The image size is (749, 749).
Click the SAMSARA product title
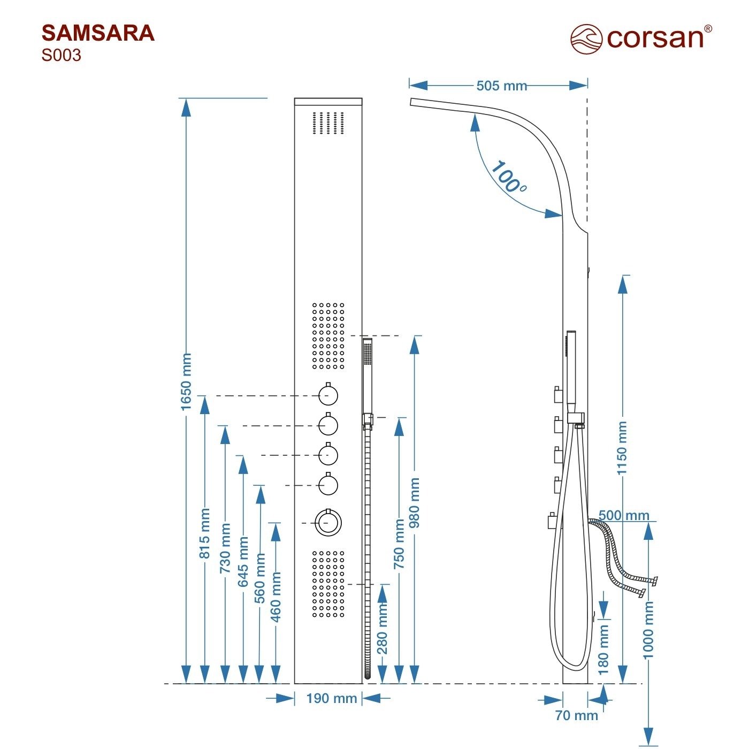click(x=98, y=33)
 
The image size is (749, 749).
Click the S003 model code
click(x=62, y=56)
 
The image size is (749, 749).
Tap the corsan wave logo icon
click(x=586, y=39)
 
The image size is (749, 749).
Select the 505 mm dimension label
click(x=501, y=86)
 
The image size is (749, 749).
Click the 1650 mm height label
click(x=186, y=381)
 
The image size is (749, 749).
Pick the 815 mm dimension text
click(x=204, y=533)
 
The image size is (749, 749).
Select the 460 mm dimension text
click(x=276, y=596)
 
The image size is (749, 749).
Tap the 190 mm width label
click(x=332, y=698)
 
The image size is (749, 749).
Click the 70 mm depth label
click(x=576, y=715)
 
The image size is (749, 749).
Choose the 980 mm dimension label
click(x=414, y=503)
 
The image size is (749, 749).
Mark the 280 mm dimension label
click(x=382, y=629)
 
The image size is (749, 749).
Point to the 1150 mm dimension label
click(x=622, y=448)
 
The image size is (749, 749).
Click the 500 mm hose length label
click(x=624, y=515)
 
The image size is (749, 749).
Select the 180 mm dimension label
click(x=603, y=649)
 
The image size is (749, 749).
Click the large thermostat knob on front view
click(x=328, y=523)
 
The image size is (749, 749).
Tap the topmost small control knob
click(x=328, y=395)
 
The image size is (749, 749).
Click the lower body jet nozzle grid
click(x=328, y=584)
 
